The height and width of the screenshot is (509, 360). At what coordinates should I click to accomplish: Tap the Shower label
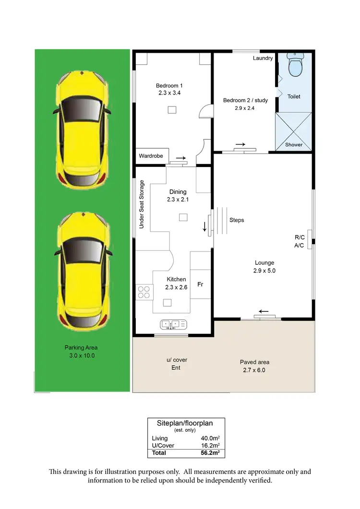coord(294,144)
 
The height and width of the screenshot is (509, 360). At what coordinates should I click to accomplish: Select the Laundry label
coord(263,58)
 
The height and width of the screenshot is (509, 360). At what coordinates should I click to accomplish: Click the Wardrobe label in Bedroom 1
coord(151,156)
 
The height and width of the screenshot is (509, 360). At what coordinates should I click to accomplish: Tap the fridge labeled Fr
coord(201,284)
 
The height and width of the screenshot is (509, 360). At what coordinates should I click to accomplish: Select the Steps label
coord(237,220)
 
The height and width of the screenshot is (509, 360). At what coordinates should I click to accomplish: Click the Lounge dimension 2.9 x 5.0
coord(264,271)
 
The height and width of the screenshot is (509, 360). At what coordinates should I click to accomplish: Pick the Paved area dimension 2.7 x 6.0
coord(254,370)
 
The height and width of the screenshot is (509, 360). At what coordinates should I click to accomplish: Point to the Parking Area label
coord(81,348)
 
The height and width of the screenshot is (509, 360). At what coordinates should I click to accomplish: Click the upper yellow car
coord(82,128)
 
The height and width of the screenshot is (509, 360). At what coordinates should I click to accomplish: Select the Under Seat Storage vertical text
coord(142,204)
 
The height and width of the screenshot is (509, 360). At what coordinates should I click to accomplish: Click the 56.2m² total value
coord(211,452)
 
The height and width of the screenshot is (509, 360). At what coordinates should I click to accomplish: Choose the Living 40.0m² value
coord(211,438)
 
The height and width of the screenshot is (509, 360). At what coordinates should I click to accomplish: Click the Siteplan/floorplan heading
coord(185,423)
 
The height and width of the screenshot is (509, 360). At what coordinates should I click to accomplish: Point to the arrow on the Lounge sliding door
coord(264,311)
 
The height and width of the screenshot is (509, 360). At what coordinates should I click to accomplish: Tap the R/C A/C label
coord(299,241)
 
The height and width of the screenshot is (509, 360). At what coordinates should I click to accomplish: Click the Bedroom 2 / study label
coord(245,100)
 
